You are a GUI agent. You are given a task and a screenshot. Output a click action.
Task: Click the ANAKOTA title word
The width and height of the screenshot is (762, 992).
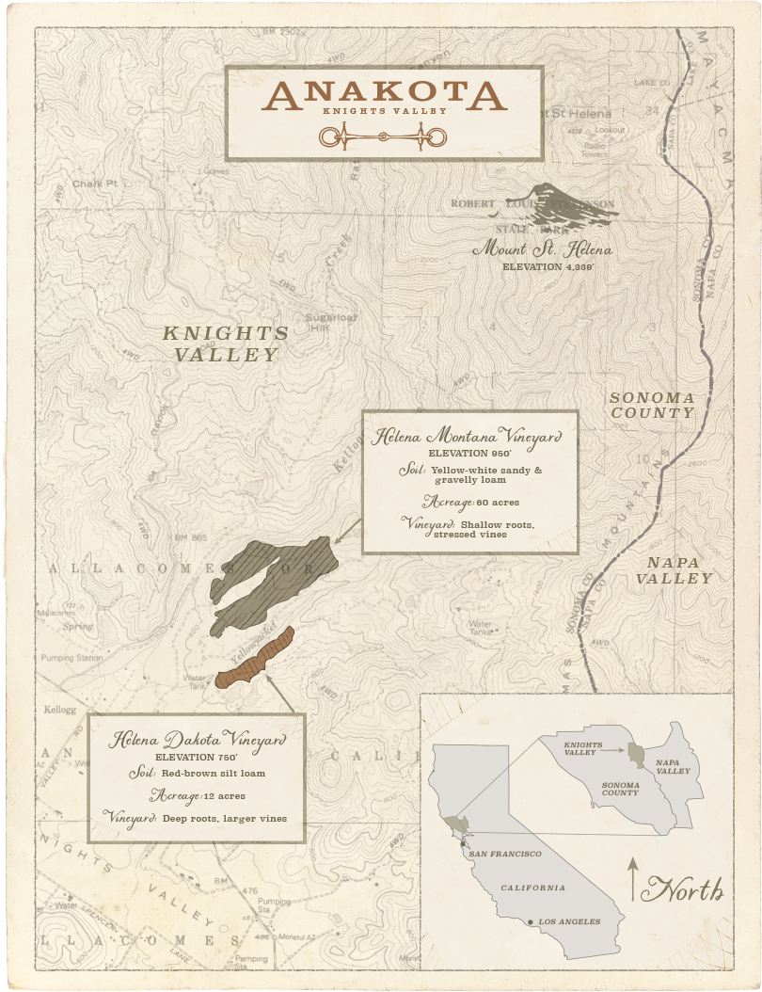point(384,94)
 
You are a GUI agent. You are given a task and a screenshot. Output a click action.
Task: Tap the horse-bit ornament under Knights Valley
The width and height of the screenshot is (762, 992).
point(384,138)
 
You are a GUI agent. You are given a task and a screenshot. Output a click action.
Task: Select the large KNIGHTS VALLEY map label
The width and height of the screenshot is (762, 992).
point(226,344)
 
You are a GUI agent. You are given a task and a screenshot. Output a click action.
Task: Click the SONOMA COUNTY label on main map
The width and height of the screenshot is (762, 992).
point(652,406)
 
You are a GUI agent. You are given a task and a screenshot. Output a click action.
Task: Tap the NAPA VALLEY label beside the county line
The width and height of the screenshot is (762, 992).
point(674,570)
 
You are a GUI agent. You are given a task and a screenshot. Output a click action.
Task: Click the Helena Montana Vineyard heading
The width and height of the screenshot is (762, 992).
point(468,438)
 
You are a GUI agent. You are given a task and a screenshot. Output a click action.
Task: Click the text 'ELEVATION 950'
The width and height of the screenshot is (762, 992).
point(468,454)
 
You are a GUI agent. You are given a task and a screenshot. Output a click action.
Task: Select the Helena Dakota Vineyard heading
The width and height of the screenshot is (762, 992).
point(197,740)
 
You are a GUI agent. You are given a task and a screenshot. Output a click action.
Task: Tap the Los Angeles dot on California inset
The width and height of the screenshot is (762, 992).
point(532,921)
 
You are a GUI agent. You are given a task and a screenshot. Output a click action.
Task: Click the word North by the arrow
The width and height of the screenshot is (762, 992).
point(689,889)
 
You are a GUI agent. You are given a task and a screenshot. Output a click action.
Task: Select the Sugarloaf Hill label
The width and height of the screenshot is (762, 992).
point(325,323)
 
